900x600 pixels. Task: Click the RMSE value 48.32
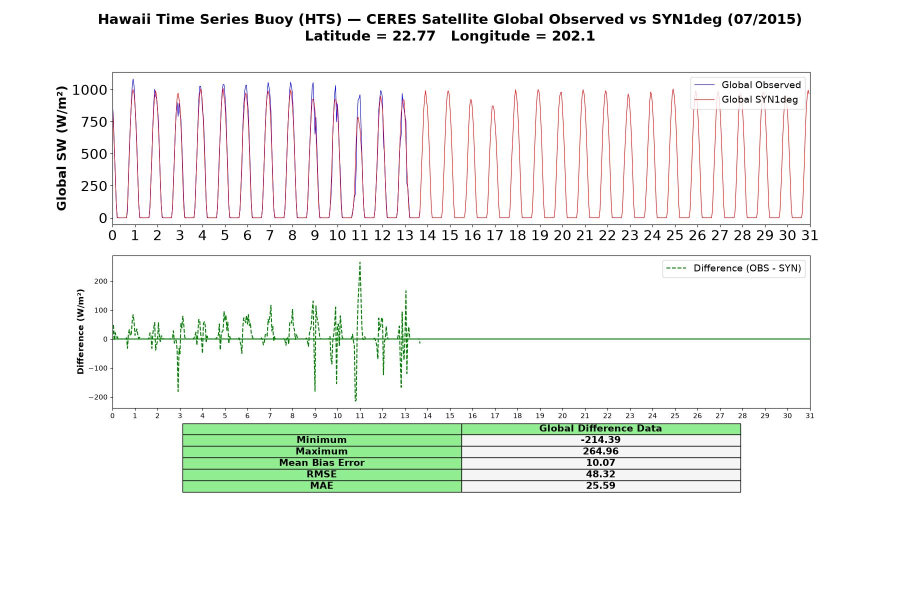(600, 474)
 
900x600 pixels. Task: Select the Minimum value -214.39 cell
(600, 440)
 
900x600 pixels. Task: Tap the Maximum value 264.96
(600, 451)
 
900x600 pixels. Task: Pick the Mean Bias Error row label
(321, 463)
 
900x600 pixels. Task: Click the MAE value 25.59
(600, 485)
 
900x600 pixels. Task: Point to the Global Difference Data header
(600, 428)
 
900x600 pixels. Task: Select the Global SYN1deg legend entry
(746, 99)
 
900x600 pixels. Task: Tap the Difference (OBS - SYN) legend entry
(733, 268)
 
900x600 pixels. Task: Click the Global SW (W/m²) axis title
(61, 148)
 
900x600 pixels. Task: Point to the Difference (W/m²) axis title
(80, 331)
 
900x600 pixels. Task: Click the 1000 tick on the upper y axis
(89, 90)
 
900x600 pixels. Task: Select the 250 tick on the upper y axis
(94, 186)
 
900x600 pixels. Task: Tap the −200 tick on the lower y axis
(98, 397)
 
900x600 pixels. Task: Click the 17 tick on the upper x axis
(494, 235)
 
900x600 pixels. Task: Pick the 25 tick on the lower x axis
(675, 415)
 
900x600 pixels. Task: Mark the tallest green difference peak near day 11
(360, 262)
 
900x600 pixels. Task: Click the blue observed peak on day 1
(133, 79)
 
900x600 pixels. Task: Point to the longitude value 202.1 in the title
(573, 36)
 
